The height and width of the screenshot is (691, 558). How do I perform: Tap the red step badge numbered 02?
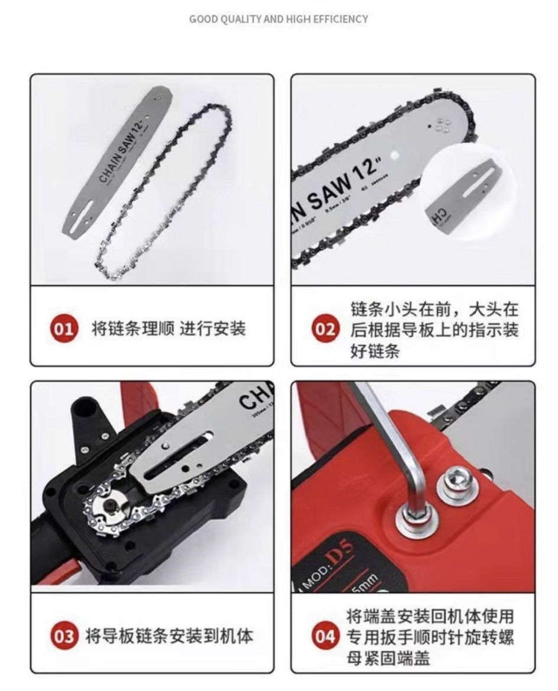click(325, 329)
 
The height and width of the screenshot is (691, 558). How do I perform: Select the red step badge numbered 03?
click(65, 636)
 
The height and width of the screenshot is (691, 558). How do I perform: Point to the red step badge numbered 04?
click(325, 637)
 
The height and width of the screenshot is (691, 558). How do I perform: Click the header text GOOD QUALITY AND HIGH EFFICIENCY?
click(278, 19)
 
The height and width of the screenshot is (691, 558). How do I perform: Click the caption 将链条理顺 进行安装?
click(168, 328)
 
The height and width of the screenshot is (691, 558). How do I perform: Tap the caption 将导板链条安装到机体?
click(169, 636)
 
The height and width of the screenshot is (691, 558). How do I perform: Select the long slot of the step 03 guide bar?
click(177, 455)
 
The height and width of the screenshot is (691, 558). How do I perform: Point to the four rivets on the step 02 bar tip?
click(442, 125)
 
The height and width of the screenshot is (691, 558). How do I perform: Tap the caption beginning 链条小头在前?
click(434, 330)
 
